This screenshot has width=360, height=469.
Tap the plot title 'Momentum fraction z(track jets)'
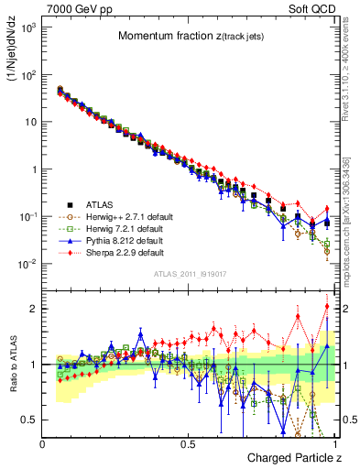pos(191,36)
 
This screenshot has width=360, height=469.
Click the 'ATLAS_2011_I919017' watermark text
pos(190,274)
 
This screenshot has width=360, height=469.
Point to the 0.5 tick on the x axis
pos(189,443)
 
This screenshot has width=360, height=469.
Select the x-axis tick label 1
pos(335,443)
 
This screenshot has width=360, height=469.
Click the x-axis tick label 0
pos(43,443)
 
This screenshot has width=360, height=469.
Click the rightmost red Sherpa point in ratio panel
pos(327,306)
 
